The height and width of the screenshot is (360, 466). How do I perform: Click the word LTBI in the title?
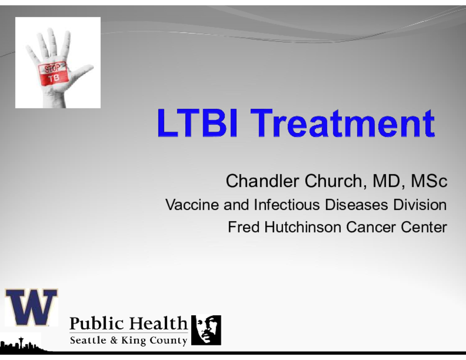pyautogui.click(x=198, y=123)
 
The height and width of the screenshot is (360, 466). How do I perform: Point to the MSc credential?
pyautogui.click(x=429, y=181)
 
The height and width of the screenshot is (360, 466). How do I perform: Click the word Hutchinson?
pyautogui.click(x=303, y=227)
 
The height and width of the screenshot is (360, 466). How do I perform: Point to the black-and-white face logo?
pyautogui.click(x=206, y=330)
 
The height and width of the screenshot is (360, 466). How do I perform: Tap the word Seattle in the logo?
pyautogui.click(x=88, y=340)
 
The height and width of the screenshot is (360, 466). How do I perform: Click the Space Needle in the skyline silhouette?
pyautogui.click(x=21, y=343)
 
